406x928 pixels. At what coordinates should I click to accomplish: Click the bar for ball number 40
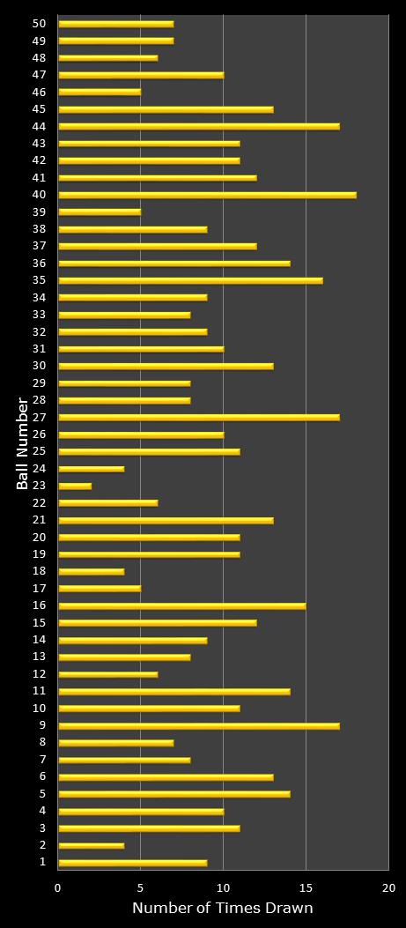(x=207, y=195)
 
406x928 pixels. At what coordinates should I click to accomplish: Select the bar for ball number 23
(x=75, y=486)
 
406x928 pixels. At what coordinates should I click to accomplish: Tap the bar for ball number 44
(x=198, y=126)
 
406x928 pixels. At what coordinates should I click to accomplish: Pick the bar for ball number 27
(x=198, y=417)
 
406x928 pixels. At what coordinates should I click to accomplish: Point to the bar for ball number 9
(x=198, y=725)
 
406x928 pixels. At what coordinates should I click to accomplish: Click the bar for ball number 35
(x=190, y=280)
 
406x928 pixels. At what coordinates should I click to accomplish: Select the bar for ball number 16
(x=181, y=605)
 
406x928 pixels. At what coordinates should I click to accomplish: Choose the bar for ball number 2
(x=91, y=845)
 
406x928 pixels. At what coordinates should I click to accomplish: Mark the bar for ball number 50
(x=115, y=24)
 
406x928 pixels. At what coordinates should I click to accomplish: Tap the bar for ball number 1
(x=132, y=863)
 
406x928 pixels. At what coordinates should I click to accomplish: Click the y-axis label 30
(x=39, y=366)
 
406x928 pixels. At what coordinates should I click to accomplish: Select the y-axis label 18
(x=39, y=571)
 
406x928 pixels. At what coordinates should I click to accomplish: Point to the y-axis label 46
(x=39, y=92)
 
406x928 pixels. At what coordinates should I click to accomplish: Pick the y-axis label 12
(x=39, y=674)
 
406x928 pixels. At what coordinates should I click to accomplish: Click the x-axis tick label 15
(x=306, y=887)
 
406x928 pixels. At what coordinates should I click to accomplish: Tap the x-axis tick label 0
(x=58, y=887)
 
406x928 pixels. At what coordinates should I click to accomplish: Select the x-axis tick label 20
(x=388, y=887)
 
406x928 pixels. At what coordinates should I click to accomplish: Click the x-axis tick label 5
(x=141, y=887)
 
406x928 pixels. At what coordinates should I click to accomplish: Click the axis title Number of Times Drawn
(x=222, y=908)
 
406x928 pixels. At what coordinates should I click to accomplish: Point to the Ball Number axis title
(x=22, y=443)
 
